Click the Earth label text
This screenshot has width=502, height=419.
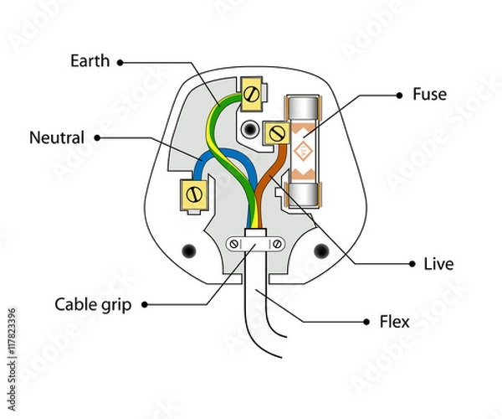point(90,60)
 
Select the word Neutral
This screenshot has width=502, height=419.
point(57,137)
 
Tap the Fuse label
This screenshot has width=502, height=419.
point(429,94)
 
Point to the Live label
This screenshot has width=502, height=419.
point(438,264)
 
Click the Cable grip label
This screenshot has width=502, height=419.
point(93,304)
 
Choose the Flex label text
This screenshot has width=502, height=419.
point(394,320)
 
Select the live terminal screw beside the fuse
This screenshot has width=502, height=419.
point(276,132)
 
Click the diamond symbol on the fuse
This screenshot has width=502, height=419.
point(302,151)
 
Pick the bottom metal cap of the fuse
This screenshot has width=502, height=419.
point(302,196)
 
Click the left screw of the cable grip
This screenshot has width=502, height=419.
point(234,243)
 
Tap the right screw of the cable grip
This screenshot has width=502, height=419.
point(277,243)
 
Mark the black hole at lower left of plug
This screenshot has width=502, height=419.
point(188,250)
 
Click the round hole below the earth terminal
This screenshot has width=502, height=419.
point(248,130)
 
